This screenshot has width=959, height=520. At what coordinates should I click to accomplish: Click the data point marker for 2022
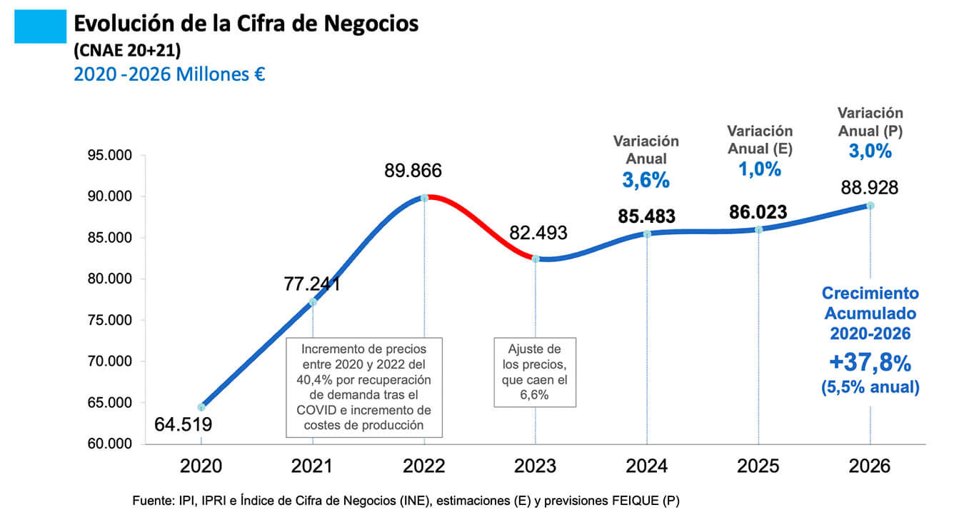[424, 197]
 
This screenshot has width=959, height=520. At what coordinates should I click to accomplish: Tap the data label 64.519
[183, 425]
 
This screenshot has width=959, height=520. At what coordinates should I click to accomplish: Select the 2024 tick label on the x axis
[647, 466]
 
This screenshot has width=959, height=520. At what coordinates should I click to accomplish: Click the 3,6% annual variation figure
[646, 181]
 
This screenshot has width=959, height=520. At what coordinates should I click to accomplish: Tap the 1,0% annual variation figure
[759, 169]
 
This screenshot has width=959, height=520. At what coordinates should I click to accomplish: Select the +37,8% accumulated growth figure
[870, 364]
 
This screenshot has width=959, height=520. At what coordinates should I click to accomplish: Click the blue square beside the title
[40, 28]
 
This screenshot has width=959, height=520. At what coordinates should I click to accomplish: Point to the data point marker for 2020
[201, 407]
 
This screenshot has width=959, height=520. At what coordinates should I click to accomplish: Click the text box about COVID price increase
[364, 387]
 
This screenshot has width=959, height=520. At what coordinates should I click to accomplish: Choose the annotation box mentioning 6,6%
[534, 371]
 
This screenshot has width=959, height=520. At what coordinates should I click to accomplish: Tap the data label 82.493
[538, 233]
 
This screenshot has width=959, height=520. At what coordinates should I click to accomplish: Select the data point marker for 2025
[758, 229]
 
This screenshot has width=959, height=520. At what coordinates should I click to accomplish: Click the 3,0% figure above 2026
[870, 151]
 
